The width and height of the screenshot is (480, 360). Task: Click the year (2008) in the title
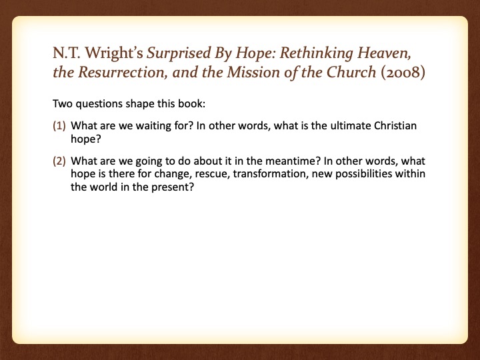point(403,72)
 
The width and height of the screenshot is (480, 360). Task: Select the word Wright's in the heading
point(114,53)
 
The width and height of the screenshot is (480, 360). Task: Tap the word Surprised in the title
point(179,53)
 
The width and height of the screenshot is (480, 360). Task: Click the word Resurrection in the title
point(123,72)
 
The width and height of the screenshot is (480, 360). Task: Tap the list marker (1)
point(59,126)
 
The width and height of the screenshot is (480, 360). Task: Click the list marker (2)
point(59,161)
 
